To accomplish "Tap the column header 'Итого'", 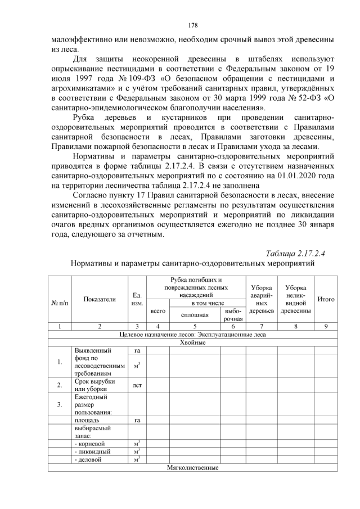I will (326, 299).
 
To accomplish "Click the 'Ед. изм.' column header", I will (137, 299).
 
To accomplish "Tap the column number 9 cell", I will (326, 326).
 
